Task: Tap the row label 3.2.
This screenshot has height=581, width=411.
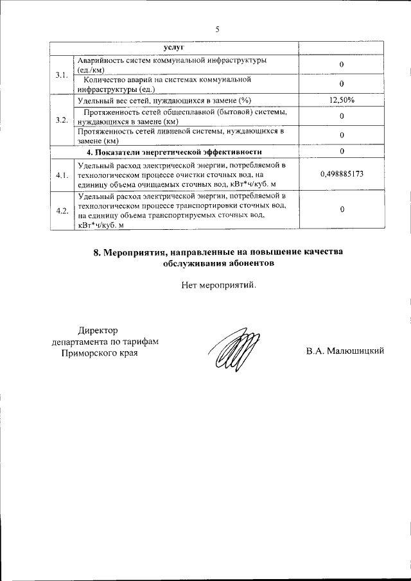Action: [62, 120]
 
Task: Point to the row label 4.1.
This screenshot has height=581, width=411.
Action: [62, 175]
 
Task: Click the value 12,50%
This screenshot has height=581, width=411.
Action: [342, 101]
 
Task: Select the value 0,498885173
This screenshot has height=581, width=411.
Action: [342, 174]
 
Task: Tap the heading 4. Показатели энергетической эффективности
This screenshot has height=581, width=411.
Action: [174, 152]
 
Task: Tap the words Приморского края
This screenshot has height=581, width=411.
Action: [99, 352]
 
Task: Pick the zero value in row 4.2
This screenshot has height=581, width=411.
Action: [342, 210]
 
